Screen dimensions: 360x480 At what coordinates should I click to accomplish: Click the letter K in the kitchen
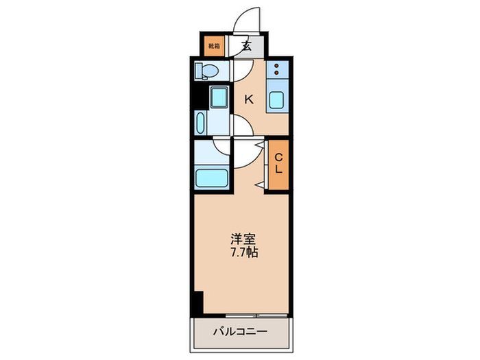tap(249, 99)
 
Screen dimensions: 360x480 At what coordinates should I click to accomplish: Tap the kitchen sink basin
tap(278, 100)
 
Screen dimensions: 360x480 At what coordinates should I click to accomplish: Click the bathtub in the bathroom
tap(213, 177)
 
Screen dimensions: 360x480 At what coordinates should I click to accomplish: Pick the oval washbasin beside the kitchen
tap(200, 124)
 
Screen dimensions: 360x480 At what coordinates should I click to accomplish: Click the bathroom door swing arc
tap(224, 145)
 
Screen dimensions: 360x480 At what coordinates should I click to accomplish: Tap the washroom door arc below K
tap(241, 125)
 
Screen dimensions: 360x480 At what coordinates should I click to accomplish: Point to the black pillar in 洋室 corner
tap(197, 300)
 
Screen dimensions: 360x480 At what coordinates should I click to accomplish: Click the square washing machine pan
tap(220, 97)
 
